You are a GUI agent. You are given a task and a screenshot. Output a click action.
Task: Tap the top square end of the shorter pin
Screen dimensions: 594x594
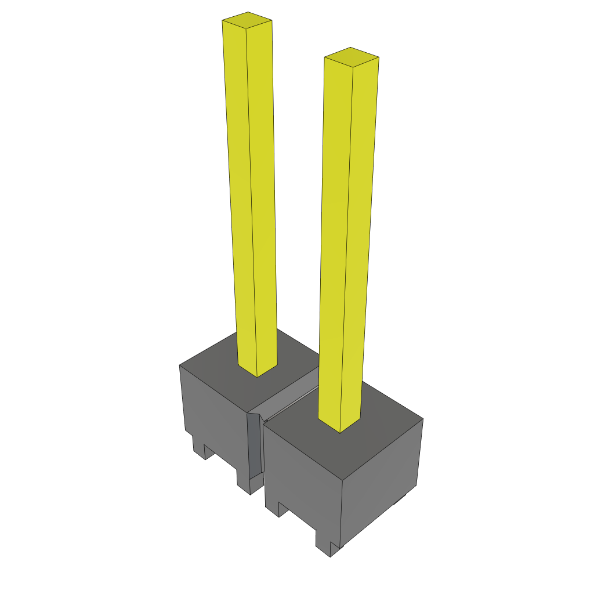click(352, 57)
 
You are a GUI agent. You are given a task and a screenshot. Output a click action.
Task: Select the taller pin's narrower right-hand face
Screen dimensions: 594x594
click(262, 191)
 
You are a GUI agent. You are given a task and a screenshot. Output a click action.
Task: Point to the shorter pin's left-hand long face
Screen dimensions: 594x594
click(335, 244)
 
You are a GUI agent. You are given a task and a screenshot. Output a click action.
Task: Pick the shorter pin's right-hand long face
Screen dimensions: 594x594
click(360, 244)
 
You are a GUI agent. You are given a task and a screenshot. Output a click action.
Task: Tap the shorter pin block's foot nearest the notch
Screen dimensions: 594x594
click(273, 507)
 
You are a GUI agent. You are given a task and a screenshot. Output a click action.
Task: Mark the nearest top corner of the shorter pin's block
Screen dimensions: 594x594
click(342, 481)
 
